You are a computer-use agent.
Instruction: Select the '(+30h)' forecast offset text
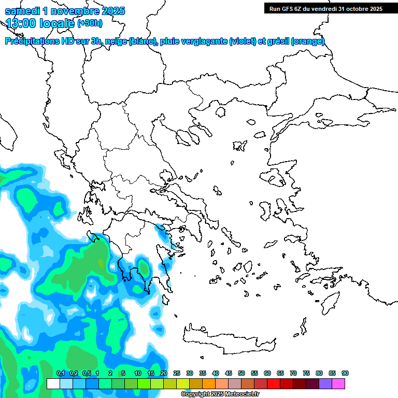tap(90, 23)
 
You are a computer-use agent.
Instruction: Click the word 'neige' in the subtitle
tap(117, 41)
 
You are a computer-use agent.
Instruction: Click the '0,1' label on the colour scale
tap(60, 373)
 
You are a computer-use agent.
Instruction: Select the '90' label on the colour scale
tap(345, 373)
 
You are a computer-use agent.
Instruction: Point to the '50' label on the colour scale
tap(241, 373)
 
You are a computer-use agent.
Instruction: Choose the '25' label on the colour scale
tap(177, 373)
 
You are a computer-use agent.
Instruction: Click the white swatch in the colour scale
tap(53, 383)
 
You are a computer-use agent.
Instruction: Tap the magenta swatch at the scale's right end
tap(338, 383)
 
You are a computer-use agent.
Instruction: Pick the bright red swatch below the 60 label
tap(274, 383)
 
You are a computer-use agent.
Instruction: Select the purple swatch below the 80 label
tap(325, 383)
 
